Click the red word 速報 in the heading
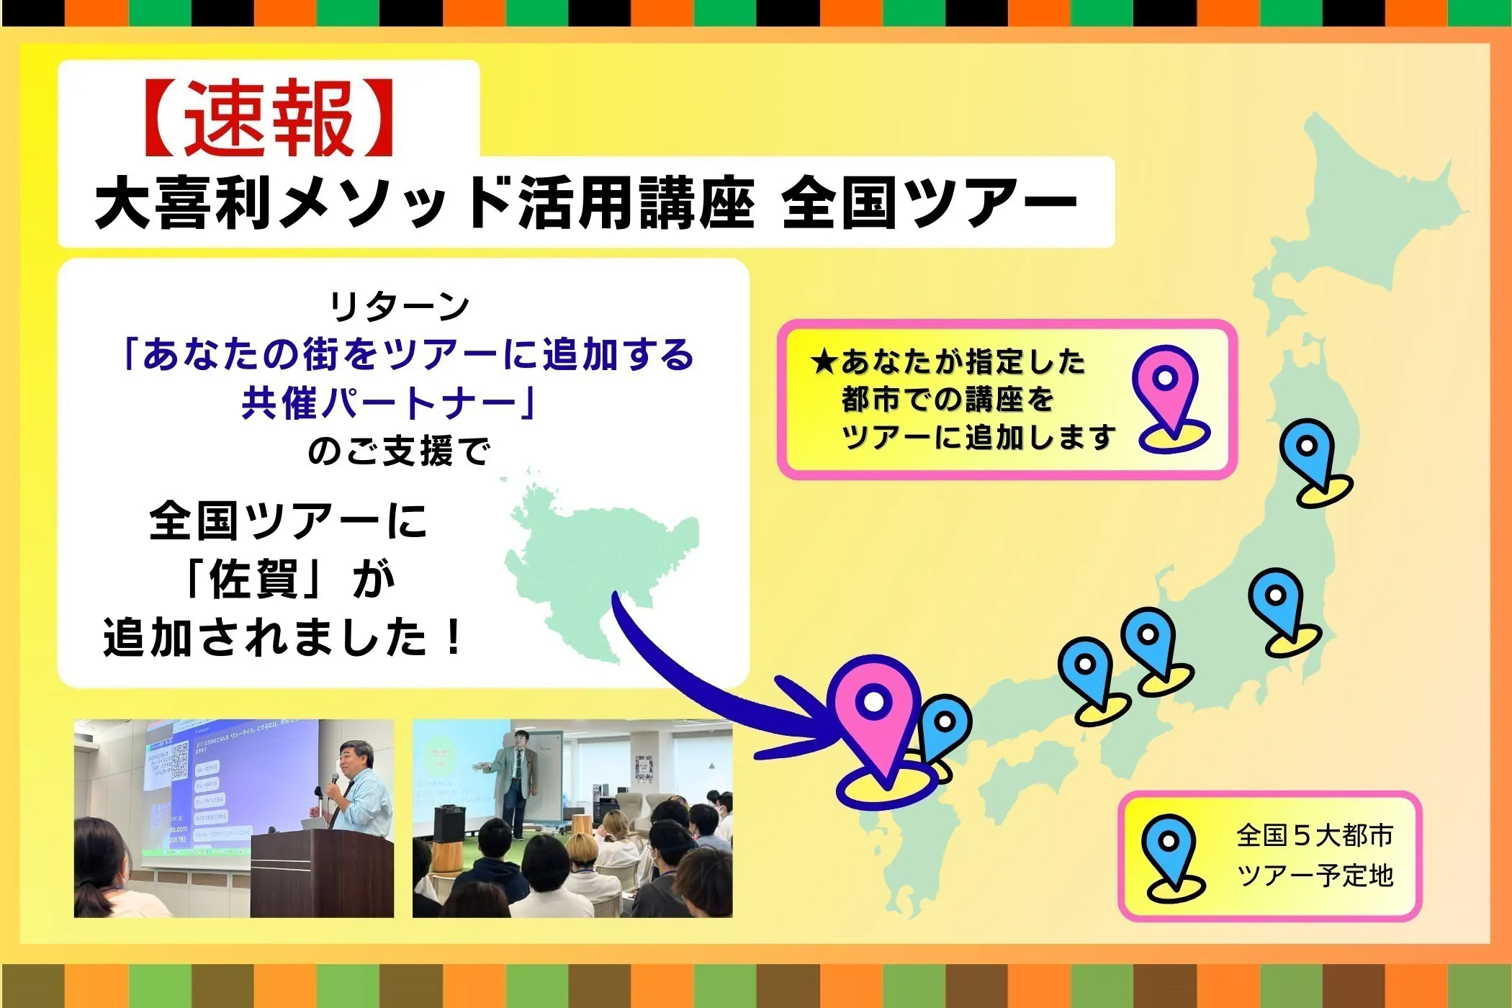click(269, 119)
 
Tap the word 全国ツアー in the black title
click(929, 204)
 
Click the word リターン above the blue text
click(400, 307)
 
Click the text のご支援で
click(400, 452)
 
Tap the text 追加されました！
click(284, 638)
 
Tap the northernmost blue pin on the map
click(1307, 450)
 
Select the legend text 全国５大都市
click(1315, 835)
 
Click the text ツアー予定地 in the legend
click(1315, 876)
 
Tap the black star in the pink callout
click(822, 362)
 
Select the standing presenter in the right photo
click(515, 781)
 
